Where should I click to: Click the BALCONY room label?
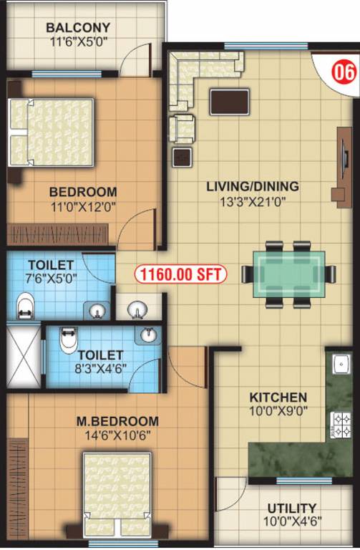[x=77, y=28]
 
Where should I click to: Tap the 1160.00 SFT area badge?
[x=180, y=274]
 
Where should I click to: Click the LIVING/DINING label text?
[x=252, y=187]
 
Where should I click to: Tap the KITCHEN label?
[x=278, y=397]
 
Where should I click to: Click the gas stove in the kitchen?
[x=337, y=425]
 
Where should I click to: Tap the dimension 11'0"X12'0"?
[x=82, y=206]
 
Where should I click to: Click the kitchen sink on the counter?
[x=336, y=365]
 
